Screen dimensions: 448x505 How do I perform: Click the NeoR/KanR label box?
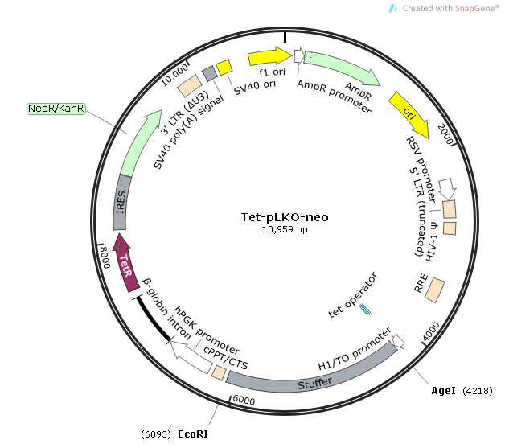click(56, 109)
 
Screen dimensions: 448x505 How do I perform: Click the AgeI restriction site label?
click(443, 391)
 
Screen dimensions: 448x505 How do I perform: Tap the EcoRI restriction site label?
click(194, 434)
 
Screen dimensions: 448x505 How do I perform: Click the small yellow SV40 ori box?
click(224, 67)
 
